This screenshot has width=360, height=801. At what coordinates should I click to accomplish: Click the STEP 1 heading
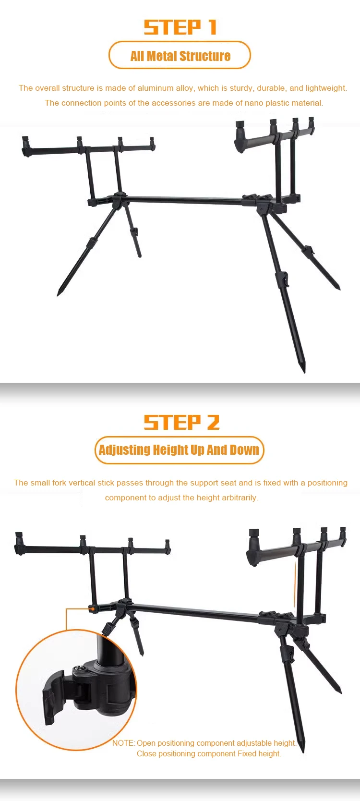coord(180,27)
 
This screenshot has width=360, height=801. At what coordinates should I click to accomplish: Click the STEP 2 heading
coord(181,422)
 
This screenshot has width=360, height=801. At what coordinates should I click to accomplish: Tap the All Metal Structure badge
coord(180,55)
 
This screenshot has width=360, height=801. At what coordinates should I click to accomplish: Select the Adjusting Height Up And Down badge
coord(179,450)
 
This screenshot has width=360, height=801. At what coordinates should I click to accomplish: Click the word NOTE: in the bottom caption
coord(124,743)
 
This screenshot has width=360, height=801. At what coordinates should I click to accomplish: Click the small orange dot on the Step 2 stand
coord(93,608)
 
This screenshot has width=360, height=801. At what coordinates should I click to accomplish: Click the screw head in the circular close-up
coord(79,667)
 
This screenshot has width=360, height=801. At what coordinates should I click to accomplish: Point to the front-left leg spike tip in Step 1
coord(58,294)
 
